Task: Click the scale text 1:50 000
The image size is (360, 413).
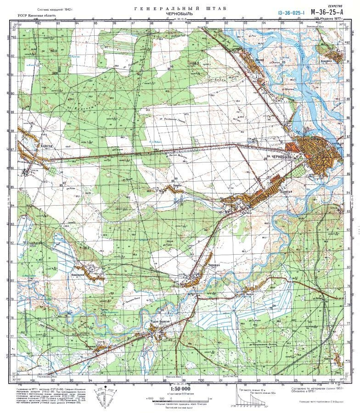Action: [180, 389]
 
